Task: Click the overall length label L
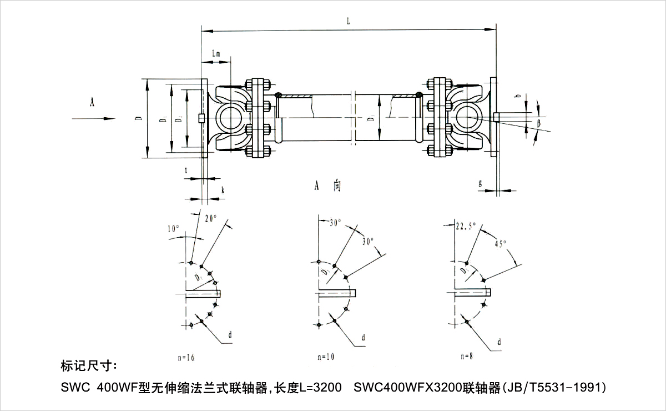point(348,21)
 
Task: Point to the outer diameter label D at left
point(137,118)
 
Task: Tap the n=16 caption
point(185,357)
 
